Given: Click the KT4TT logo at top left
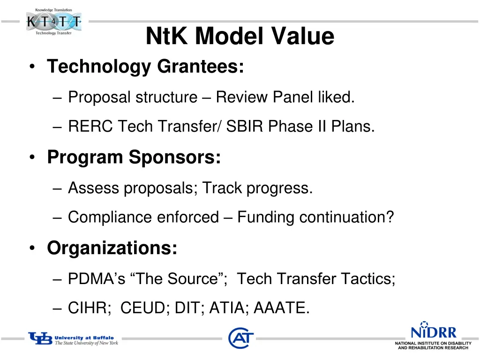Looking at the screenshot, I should [53, 22].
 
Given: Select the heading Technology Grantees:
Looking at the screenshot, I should [145, 67].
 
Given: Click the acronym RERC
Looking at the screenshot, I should [90, 127].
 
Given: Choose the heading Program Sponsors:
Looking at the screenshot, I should [134, 157].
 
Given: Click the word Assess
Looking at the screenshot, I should [94, 188].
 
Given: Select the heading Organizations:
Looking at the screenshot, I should [112, 248].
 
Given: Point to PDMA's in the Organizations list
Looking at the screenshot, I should [97, 279].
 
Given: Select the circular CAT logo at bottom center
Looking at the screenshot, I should [241, 337].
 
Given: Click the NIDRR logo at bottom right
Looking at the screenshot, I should [433, 336].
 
